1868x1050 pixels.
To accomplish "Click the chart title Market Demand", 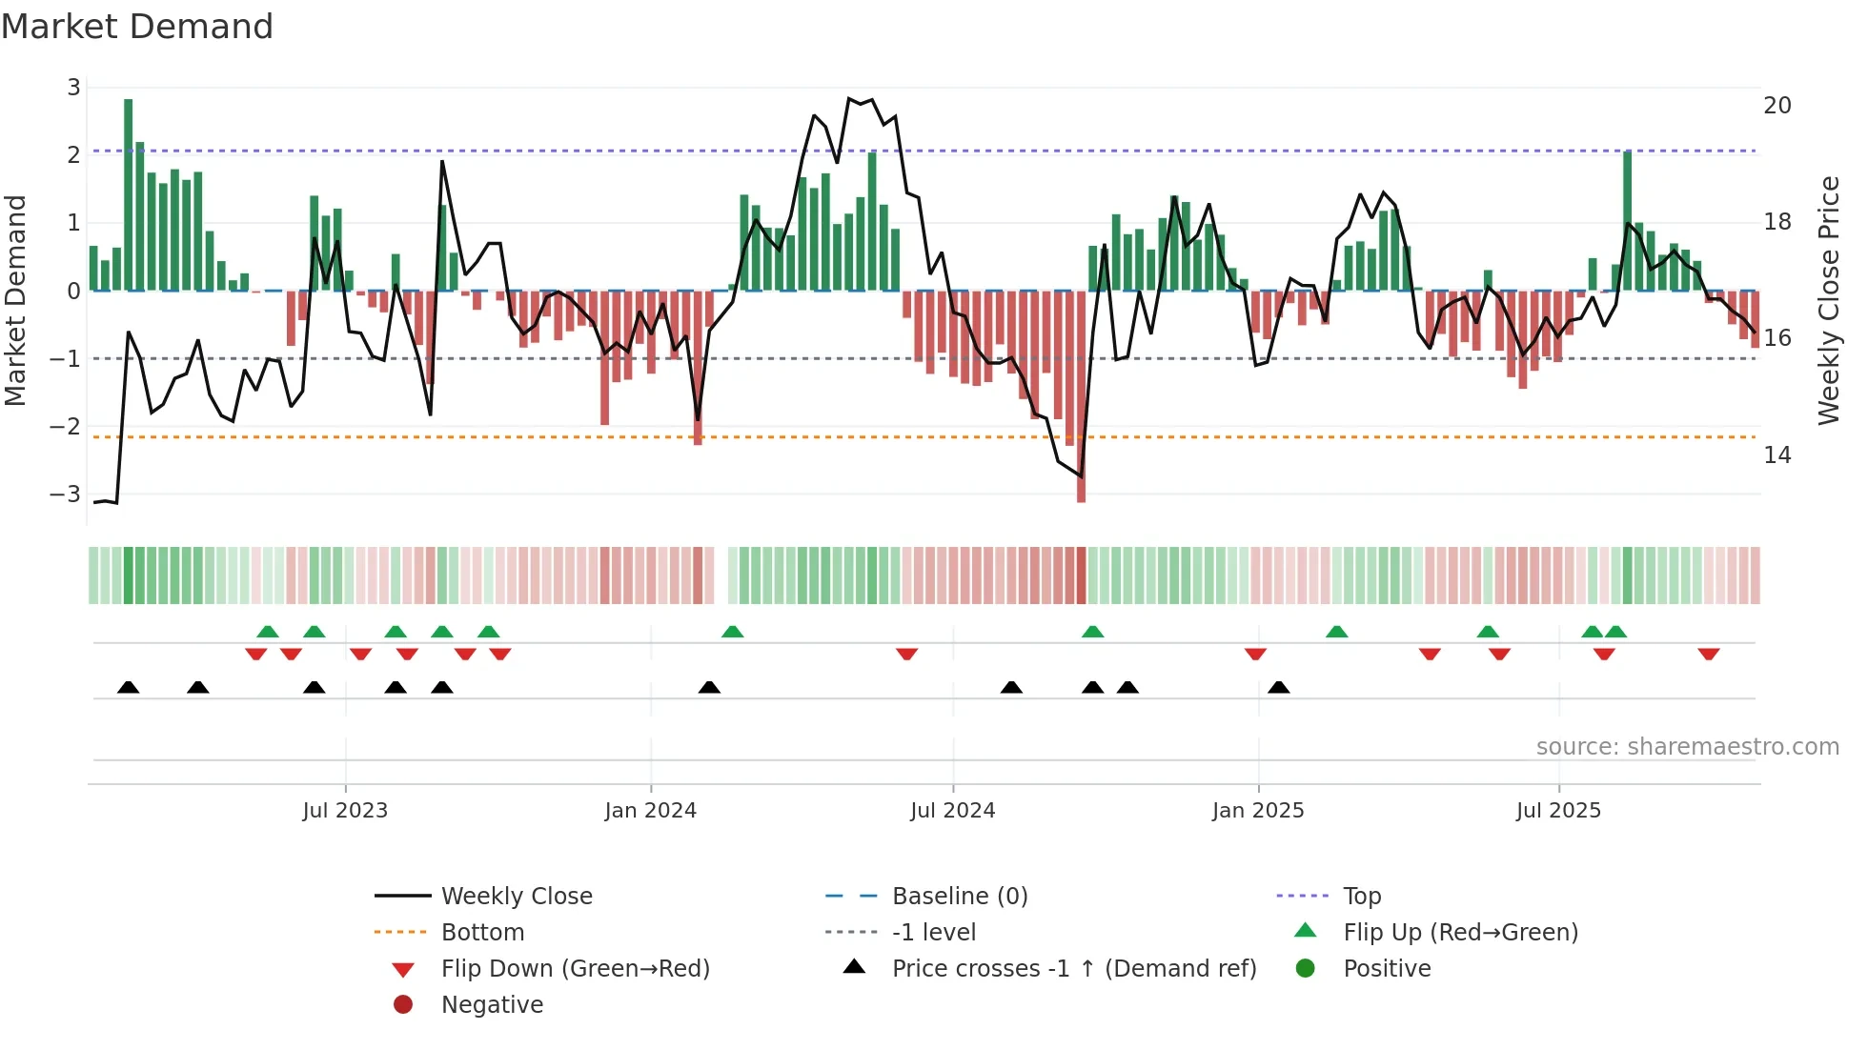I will (x=137, y=27).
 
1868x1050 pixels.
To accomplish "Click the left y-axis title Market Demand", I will (x=16, y=300).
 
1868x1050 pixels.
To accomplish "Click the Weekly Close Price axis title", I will (x=1828, y=300).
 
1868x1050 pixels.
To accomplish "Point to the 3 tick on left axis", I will (x=73, y=88).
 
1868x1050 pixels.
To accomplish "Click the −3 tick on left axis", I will (x=67, y=495).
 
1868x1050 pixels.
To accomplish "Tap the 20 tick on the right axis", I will (x=1777, y=106).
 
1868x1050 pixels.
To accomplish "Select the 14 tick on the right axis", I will (x=1777, y=455).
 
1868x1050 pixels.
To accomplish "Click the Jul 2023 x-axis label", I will (x=345, y=811).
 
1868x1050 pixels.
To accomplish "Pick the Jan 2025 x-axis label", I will (x=1257, y=811).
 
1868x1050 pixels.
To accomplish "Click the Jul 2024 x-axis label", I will (x=952, y=811).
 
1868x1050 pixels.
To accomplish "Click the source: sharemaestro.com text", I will (x=1687, y=747).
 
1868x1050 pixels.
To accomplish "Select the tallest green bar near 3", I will (x=129, y=191).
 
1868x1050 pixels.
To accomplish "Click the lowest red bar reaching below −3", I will (x=1081, y=400).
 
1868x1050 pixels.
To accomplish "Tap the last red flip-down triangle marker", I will (x=1708, y=655).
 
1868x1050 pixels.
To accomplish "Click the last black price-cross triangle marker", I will (x=1279, y=687).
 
